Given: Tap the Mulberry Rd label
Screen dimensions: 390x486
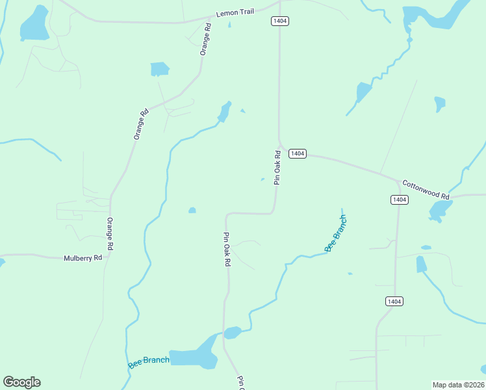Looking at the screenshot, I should tap(83, 258).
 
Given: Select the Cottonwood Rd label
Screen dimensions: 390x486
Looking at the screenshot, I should tap(426, 190).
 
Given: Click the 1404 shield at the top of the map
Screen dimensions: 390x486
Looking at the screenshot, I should tap(279, 21).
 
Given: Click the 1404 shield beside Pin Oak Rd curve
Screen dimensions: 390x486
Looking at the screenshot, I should tap(297, 153).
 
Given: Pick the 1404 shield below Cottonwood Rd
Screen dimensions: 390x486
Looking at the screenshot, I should tap(400, 200).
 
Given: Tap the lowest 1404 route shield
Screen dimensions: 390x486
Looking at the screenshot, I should tap(394, 301).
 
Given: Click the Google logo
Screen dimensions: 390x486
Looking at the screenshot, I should tap(21, 382).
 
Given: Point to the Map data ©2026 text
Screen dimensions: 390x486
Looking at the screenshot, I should tap(458, 384).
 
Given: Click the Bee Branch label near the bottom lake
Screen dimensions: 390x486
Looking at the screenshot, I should tap(149, 361).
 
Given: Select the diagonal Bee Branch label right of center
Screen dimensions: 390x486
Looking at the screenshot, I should tap(336, 233).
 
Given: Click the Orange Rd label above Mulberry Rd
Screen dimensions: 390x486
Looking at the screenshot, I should tap(110, 234).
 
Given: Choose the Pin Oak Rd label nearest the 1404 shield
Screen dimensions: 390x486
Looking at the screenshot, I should tap(277, 168).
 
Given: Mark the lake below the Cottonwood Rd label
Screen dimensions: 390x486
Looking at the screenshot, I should tap(440, 209).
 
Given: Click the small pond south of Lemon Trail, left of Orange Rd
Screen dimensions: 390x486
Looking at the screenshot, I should tap(159, 68).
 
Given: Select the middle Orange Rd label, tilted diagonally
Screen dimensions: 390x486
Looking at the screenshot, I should tap(141, 123).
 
